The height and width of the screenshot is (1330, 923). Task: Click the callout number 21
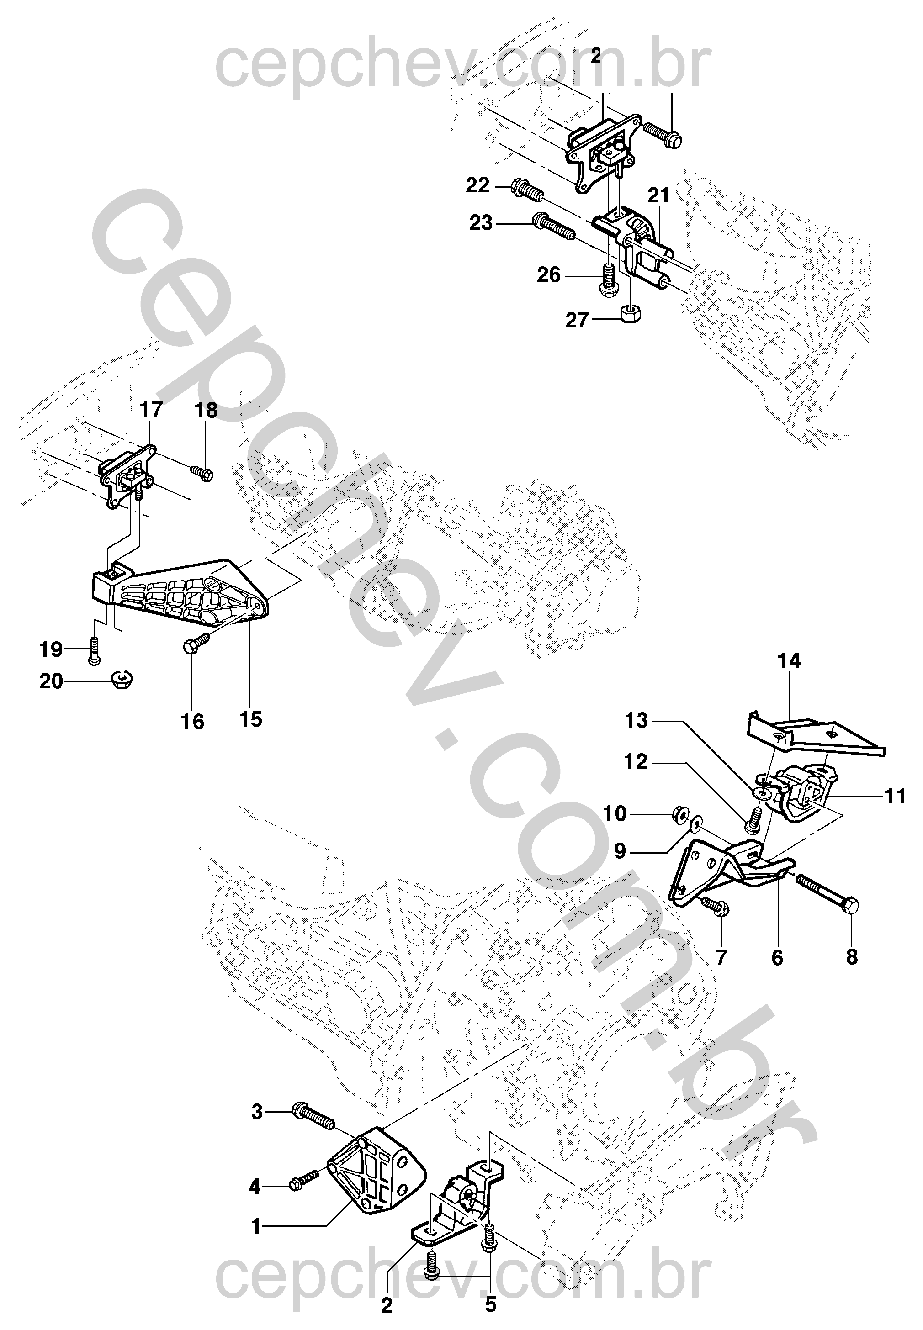[658, 195]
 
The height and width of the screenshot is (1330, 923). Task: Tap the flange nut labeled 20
[122, 679]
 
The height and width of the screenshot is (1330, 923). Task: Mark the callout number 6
[777, 958]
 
